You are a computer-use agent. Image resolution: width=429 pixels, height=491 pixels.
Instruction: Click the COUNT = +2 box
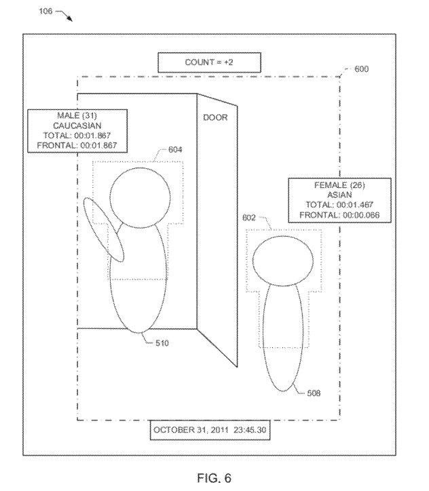click(x=209, y=62)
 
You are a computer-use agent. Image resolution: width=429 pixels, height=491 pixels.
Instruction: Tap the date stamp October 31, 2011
click(x=191, y=430)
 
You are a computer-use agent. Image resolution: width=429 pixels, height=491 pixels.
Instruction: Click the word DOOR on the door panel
click(x=215, y=117)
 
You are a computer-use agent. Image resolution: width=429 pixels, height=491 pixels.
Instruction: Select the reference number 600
click(x=361, y=69)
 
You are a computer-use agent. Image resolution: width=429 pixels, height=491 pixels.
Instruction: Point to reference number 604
click(x=175, y=149)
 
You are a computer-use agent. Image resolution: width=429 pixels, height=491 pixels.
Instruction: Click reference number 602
click(x=249, y=217)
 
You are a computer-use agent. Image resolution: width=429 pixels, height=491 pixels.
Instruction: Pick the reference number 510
click(x=162, y=343)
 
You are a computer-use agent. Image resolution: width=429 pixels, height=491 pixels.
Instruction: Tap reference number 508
click(x=314, y=393)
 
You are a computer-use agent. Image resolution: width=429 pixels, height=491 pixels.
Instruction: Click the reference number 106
click(x=45, y=12)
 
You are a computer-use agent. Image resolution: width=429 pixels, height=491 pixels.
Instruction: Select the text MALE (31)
click(x=77, y=115)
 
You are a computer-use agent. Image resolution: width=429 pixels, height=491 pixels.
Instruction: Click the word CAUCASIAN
click(x=77, y=125)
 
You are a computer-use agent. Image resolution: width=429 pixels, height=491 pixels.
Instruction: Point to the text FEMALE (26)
click(x=339, y=185)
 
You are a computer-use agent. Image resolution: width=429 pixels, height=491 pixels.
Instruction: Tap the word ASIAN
click(x=339, y=195)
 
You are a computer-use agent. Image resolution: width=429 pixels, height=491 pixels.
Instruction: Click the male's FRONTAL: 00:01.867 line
click(x=77, y=145)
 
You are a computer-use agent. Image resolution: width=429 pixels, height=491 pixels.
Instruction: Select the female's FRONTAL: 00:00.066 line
click(x=339, y=215)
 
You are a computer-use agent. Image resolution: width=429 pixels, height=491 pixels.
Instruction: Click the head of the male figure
click(x=140, y=197)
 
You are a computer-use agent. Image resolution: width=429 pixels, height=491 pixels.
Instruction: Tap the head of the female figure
click(x=283, y=261)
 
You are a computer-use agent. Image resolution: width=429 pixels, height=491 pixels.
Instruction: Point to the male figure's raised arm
click(x=103, y=229)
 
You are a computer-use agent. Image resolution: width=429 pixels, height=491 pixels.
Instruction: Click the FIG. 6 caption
click(x=214, y=478)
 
